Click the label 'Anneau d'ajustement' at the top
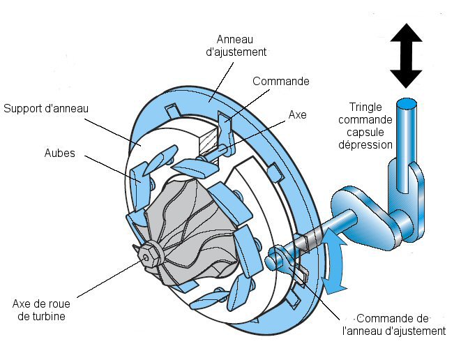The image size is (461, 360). [x=241, y=45]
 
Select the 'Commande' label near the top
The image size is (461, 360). [x=280, y=82]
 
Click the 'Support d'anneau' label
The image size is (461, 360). [x=46, y=109]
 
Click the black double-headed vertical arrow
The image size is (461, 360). [x=405, y=55]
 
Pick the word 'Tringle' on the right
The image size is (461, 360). [x=365, y=107]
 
